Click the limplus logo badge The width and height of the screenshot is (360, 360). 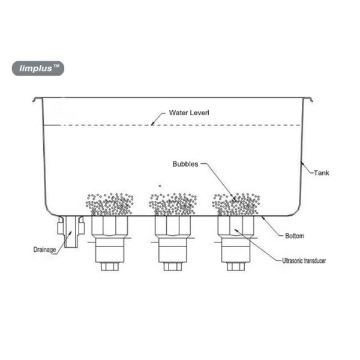38,68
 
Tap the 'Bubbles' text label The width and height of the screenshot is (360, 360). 185,163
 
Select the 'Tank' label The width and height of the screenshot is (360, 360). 322,173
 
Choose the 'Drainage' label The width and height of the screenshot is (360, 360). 43,248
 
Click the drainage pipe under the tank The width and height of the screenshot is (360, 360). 71,232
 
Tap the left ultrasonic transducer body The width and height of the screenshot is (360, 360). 110,240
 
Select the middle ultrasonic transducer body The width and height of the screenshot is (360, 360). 173,240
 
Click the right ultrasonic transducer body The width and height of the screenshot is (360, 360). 236,240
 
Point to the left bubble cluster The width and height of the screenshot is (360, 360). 110,205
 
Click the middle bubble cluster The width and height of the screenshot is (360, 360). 173,205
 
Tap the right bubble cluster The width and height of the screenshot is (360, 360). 236,205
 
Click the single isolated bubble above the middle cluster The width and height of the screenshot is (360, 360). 160,186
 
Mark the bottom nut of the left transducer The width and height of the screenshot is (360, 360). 110,266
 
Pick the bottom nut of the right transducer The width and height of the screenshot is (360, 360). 236,266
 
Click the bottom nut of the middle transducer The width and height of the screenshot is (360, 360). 173,266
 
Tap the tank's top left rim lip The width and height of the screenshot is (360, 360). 37,98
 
